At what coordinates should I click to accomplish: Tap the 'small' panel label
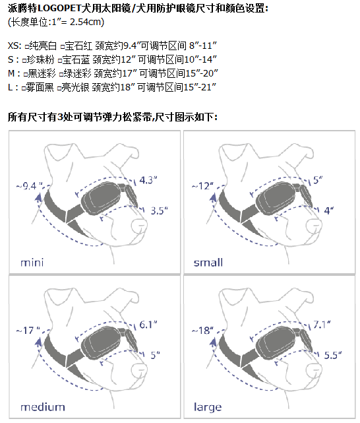(x=208, y=262)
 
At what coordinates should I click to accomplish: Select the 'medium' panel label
(x=42, y=407)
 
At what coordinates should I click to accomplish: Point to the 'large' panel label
(x=208, y=407)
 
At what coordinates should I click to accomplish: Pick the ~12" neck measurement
(x=202, y=185)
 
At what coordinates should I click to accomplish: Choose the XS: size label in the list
(x=15, y=46)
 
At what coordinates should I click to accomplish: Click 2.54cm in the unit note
(x=86, y=22)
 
